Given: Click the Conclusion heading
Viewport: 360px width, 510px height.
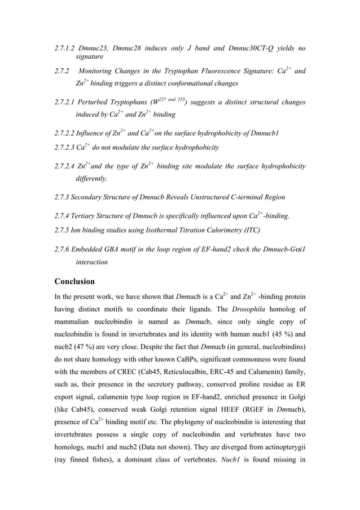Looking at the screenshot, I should [74, 281].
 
